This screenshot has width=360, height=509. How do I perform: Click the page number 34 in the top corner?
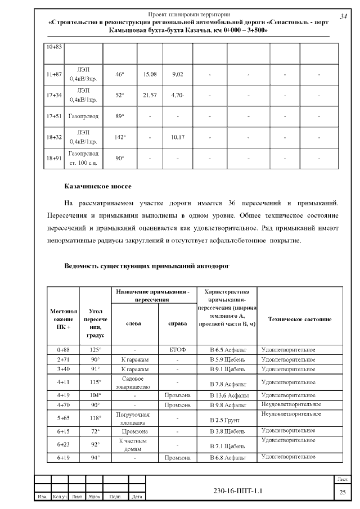343,17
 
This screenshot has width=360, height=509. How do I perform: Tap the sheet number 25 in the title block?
342,493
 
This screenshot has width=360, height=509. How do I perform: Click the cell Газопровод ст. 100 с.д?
83,158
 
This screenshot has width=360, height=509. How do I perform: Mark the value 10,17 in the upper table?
178,137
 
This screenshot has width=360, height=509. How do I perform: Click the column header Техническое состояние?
299,319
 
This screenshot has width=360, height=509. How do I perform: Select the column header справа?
177,323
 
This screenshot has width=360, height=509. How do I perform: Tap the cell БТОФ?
177,350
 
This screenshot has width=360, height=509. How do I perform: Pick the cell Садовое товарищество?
135,383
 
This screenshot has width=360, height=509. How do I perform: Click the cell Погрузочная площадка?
135,418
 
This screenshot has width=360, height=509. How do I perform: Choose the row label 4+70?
62,404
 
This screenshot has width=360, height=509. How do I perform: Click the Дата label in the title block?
136,497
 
